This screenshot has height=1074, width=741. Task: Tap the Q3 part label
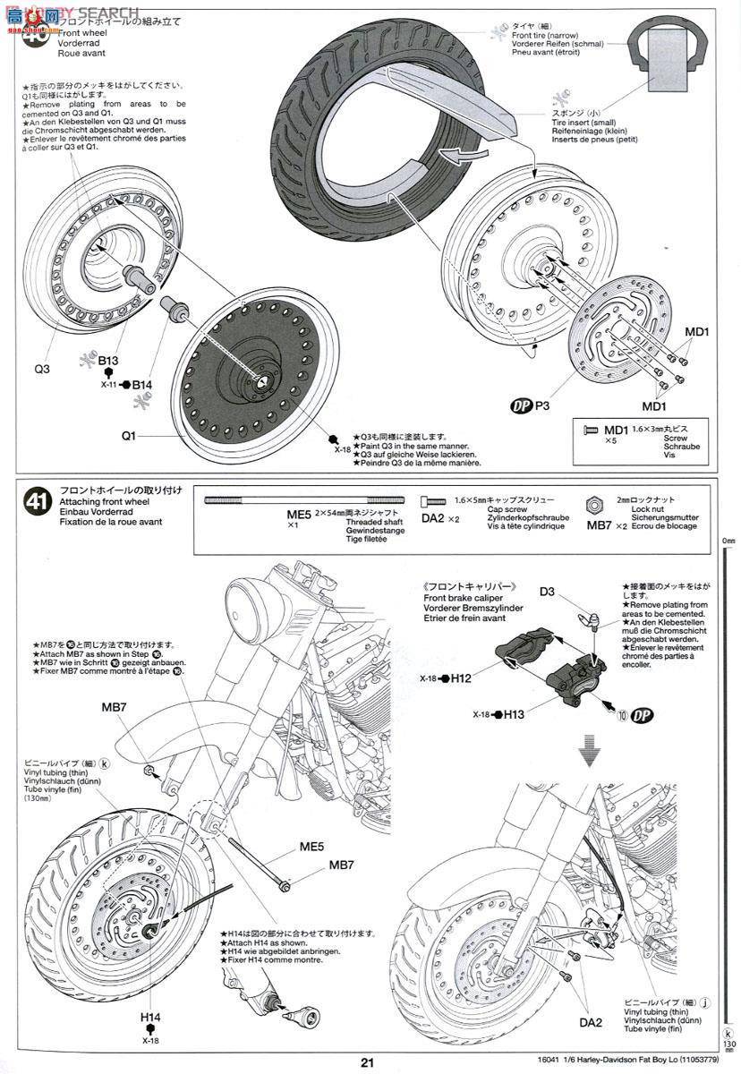(x=42, y=368)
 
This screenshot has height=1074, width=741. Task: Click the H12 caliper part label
(x=461, y=678)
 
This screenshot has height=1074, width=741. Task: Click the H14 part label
(x=149, y=1017)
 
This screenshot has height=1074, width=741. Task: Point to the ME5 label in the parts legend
(x=298, y=515)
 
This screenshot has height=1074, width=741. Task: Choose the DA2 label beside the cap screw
(x=434, y=519)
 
